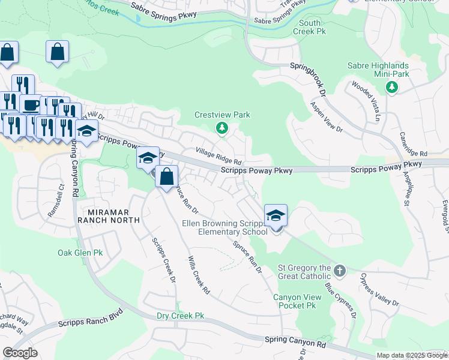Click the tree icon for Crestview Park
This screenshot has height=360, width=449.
point(221,127)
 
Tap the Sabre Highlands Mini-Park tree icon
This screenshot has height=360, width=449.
point(392,88)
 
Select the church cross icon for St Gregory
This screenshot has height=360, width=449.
point(340,271)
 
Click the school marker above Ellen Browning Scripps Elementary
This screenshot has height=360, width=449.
point(276,215)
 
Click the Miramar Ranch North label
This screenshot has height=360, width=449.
point(109,217)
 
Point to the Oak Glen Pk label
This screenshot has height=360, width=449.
point(80,253)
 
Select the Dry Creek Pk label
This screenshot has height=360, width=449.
point(181,316)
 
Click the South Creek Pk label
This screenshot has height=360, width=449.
point(312,27)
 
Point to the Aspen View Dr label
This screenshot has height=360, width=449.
point(325,117)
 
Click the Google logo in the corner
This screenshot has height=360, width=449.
point(20,353)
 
